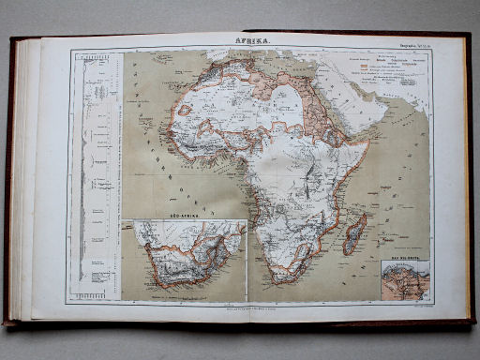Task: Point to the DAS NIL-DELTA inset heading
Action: tap(404, 258)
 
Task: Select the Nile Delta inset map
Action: tap(404, 281)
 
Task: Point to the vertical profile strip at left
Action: tap(94, 169)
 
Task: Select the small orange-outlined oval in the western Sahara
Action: tap(186, 111)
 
